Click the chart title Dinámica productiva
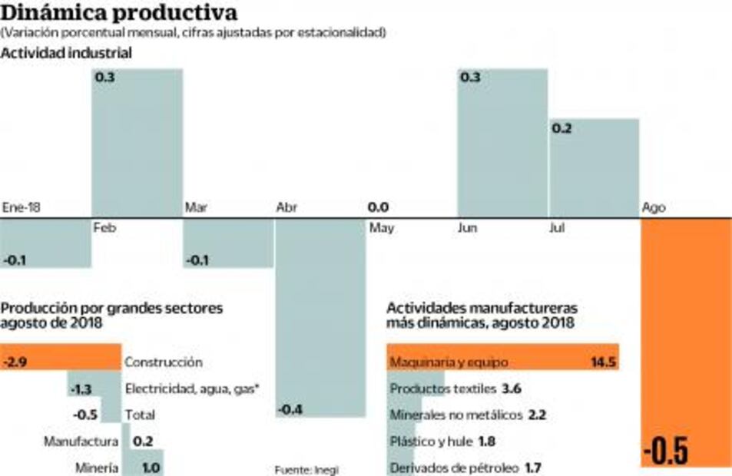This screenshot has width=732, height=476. click(119, 13)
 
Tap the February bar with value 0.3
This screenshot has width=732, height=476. click(137, 143)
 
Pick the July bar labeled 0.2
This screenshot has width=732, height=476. click(594, 167)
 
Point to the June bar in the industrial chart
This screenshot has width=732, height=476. click(502, 143)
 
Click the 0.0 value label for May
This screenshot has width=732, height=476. click(378, 207)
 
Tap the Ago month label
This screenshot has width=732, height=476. click(654, 208)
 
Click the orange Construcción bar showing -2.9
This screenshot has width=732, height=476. click(61, 362)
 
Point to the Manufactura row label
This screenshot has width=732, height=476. click(81, 441)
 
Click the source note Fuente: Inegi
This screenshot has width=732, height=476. click(306, 470)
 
